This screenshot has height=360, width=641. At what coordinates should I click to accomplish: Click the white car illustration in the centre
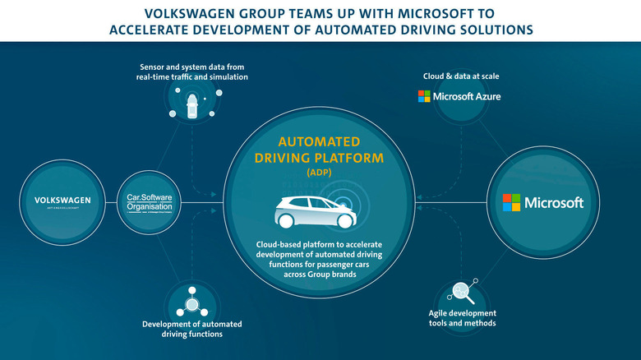[313, 212]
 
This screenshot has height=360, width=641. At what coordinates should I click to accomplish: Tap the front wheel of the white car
[346, 222]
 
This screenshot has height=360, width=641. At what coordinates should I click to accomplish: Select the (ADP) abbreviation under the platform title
[320, 173]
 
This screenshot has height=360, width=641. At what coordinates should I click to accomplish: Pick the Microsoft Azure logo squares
[424, 96]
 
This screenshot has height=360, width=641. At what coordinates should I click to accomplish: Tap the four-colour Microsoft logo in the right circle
[512, 202]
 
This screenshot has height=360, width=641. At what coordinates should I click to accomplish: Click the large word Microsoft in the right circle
[555, 202]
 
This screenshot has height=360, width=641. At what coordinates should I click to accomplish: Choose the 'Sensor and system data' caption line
[193, 66]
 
